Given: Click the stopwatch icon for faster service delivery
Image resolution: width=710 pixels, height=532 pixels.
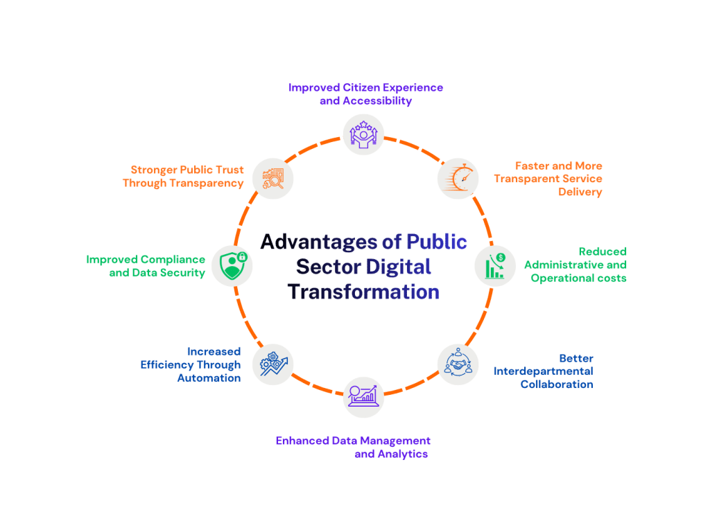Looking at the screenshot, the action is [x=459, y=178].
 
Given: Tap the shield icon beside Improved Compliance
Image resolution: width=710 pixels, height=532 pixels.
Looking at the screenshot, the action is [x=233, y=266].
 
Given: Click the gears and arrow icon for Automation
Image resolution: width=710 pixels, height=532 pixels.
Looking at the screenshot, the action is [x=273, y=364].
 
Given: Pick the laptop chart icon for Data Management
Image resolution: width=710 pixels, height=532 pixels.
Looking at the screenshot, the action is [x=363, y=396].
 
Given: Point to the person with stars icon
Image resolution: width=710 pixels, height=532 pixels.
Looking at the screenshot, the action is [x=363, y=134].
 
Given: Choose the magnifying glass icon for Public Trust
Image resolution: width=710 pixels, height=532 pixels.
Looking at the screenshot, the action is [x=273, y=179].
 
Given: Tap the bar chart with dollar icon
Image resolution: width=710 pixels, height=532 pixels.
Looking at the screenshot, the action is [x=495, y=266].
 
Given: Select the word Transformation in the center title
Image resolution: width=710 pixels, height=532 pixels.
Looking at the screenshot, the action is [x=363, y=292].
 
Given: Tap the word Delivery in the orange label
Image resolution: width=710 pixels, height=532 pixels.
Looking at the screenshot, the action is [x=580, y=192].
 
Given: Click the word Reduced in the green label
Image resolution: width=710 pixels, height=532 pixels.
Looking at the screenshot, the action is [x=603, y=251].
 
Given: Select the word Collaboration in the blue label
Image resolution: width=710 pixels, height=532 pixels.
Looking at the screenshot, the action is [x=557, y=384].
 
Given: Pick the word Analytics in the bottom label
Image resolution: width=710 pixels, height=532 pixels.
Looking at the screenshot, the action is [x=403, y=454].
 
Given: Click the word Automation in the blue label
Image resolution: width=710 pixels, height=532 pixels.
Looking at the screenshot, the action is [x=209, y=378].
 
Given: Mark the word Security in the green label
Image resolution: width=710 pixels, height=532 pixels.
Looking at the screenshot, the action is [x=182, y=273].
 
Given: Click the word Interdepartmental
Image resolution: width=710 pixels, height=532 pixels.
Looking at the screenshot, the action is [x=544, y=371].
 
